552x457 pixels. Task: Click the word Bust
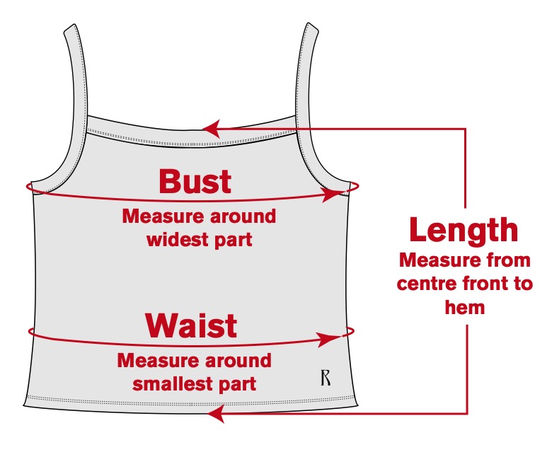click(195, 181)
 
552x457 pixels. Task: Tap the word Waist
click(191, 325)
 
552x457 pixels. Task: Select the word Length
click(464, 231)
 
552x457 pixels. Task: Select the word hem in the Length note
click(464, 307)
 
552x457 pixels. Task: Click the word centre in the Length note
click(424, 284)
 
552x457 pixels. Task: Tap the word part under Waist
click(238, 384)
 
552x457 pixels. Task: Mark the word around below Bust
click(239, 216)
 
